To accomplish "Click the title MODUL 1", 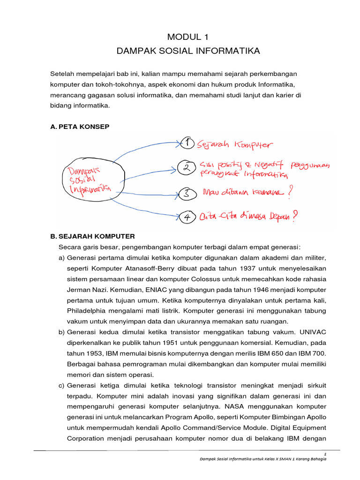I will click(180, 37).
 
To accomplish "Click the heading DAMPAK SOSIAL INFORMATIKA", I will click(180, 51).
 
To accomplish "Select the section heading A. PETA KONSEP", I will click(80, 127).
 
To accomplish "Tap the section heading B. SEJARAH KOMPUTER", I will click(92, 236).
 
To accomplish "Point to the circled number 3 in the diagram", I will click(186, 193).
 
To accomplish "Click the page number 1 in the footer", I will click(325, 454).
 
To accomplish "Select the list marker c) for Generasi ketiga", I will click(62, 385).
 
